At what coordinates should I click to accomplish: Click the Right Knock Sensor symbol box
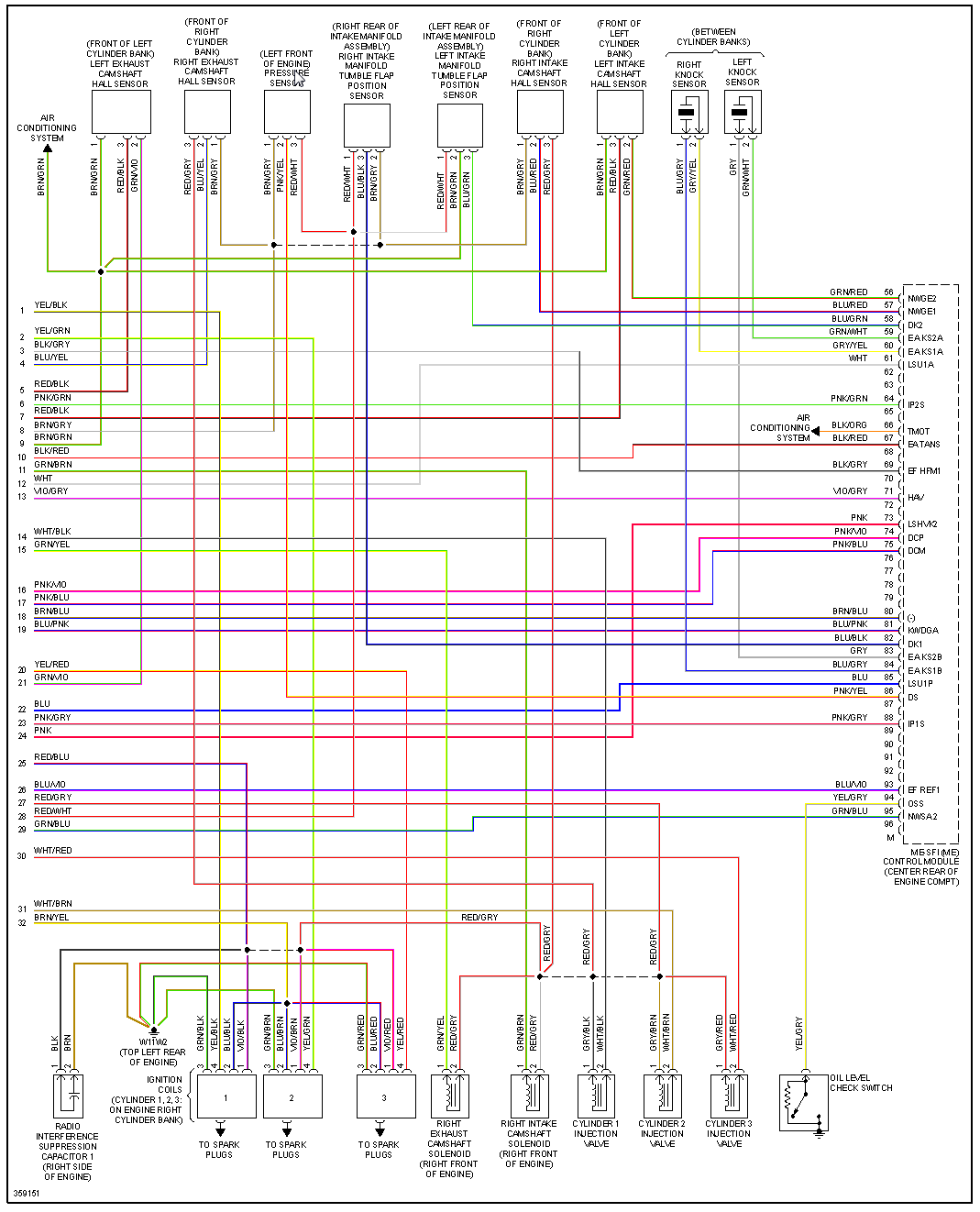688,113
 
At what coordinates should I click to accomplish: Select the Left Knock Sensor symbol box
742,113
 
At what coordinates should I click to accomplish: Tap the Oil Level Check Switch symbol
803,1102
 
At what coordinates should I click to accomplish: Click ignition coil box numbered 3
383,1096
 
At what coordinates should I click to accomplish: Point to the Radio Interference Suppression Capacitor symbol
68,1095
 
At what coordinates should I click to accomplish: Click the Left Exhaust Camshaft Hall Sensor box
121,113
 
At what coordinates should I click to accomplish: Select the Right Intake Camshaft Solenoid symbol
529,1095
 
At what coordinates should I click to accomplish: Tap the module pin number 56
888,292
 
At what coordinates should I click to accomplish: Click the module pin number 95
888,811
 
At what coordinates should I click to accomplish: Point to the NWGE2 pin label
922,299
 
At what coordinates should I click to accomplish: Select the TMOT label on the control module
919,431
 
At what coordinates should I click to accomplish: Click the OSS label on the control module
916,803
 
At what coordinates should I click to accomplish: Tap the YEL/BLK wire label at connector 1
51,305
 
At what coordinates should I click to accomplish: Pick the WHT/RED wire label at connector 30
53,851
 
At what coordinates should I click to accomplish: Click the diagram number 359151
27,1194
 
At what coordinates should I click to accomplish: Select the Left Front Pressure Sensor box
287,112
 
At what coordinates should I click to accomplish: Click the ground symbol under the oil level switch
820,1132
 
